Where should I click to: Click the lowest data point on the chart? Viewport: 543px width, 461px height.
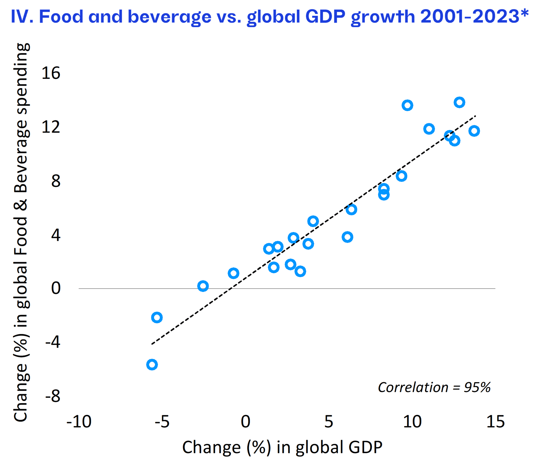152,365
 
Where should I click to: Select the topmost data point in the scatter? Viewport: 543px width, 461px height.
459,102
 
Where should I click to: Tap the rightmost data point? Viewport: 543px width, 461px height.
474,131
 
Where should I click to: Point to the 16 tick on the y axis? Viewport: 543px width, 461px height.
51,73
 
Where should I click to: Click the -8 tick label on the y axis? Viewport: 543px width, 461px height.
53,396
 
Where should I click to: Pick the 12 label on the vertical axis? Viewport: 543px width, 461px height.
51,127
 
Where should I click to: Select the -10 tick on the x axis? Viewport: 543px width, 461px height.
79,422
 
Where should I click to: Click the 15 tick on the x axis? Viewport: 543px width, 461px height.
495,422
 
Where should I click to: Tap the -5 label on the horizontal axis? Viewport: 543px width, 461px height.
162,422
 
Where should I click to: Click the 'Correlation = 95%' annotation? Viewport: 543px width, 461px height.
434,387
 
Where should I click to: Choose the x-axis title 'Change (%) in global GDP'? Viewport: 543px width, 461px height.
282,447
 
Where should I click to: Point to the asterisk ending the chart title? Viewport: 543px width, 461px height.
525,13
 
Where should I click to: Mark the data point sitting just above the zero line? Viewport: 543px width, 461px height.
203,286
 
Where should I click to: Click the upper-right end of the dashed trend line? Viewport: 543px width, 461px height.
475,116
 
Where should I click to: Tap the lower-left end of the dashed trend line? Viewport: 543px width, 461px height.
152,344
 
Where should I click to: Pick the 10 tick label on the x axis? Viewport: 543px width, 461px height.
412,422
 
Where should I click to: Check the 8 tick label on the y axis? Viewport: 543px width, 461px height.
56,181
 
